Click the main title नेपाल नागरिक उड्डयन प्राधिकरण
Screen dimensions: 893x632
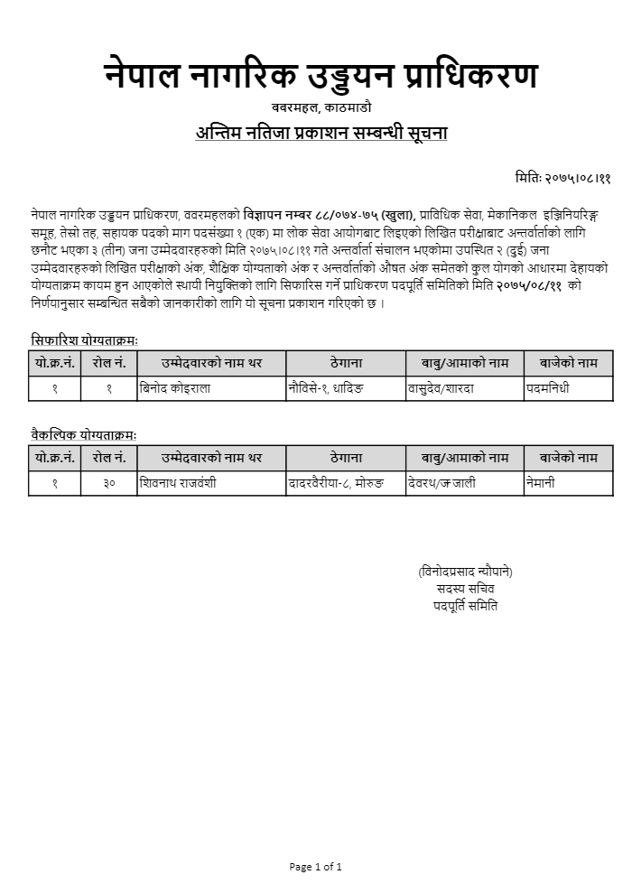pyautogui.click(x=321, y=77)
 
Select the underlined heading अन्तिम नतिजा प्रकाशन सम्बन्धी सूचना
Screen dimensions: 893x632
pyautogui.click(x=321, y=134)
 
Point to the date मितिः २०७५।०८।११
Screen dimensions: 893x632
pyautogui.click(x=551, y=178)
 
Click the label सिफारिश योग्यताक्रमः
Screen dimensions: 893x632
pyautogui.click(x=84, y=340)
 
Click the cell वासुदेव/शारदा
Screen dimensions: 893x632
pyautogui.click(x=442, y=388)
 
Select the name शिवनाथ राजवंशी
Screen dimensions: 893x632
pyautogui.click(x=178, y=483)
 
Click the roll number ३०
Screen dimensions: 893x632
pyautogui.click(x=108, y=483)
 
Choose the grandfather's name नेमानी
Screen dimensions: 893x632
pyautogui.click(x=540, y=483)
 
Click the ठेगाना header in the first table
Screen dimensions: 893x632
pyautogui.click(x=346, y=363)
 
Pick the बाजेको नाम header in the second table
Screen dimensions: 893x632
pyautogui.click(x=569, y=458)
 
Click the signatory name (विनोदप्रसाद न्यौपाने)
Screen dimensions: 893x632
pyautogui.click(x=465, y=572)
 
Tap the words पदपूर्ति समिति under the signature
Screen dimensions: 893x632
pyautogui.click(x=465, y=606)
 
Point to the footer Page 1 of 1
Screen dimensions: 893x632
pyautogui.click(x=315, y=867)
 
